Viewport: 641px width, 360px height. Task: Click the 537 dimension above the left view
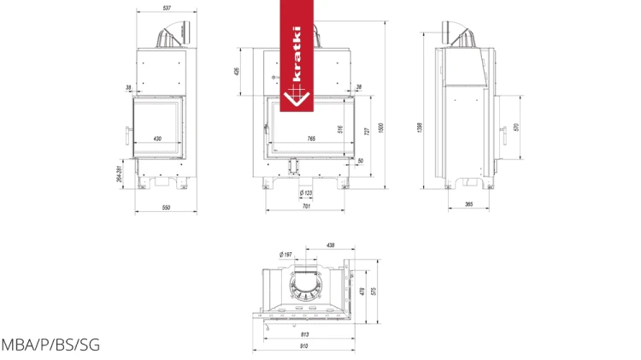coord(166,9)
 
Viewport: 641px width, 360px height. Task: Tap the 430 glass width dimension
coord(157,138)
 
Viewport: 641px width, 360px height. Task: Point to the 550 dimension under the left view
coord(166,208)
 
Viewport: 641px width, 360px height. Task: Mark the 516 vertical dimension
coord(340,129)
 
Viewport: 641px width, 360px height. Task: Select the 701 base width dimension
coord(307,208)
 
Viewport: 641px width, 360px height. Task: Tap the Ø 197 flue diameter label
coord(285,254)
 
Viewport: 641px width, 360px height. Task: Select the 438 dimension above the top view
coord(330,245)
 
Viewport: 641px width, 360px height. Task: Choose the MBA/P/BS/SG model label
coord(50,345)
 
